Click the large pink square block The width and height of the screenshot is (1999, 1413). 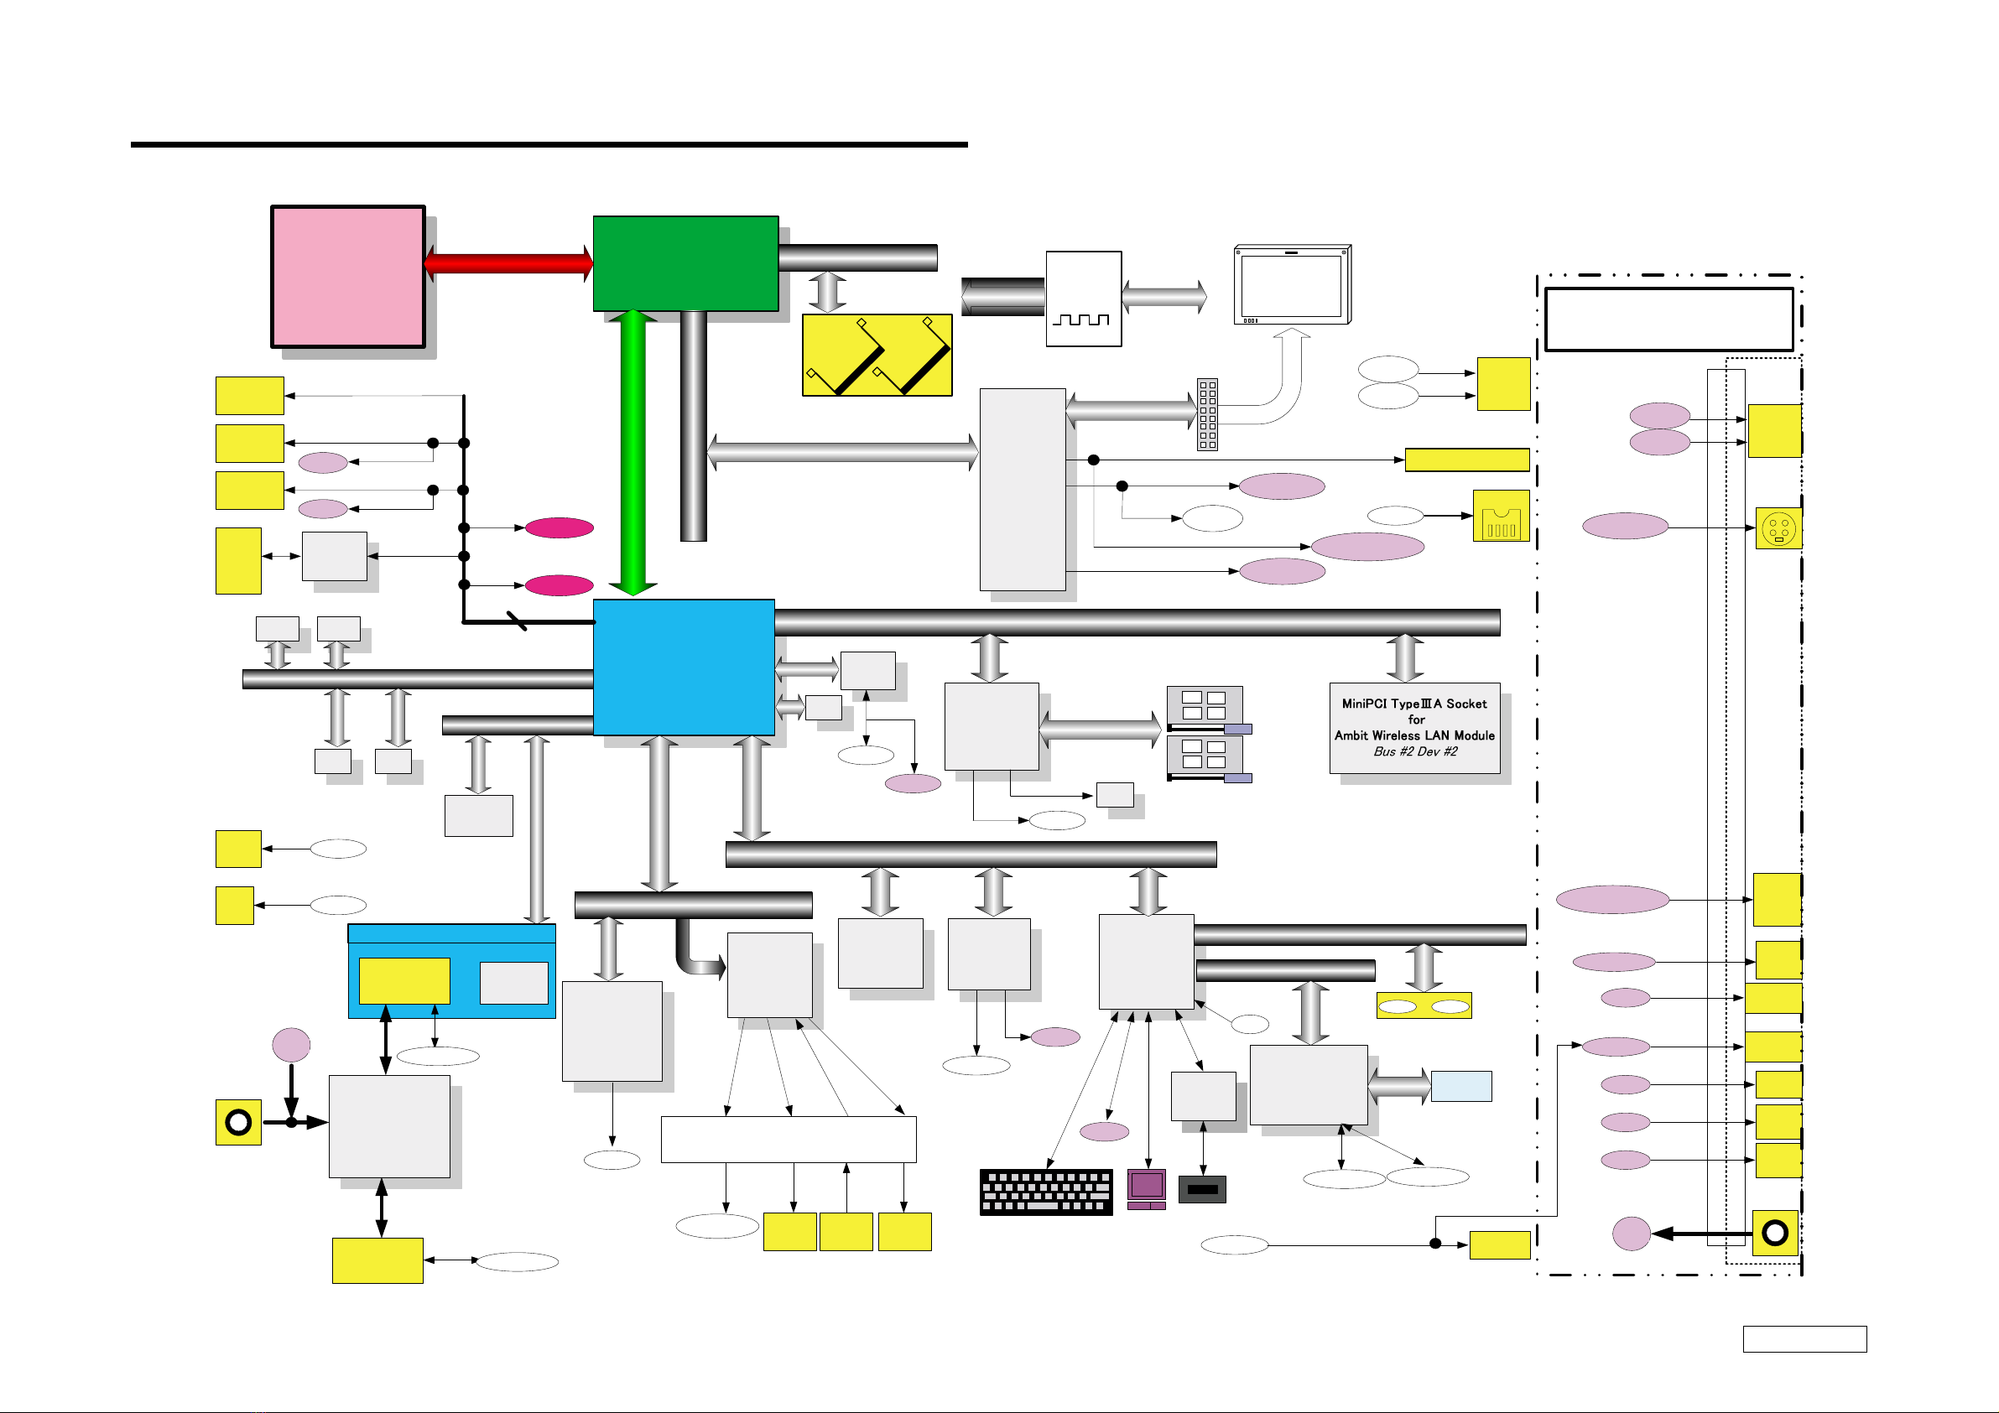click(348, 277)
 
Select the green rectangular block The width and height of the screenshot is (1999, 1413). click(685, 263)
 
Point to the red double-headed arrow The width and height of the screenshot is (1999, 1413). click(509, 263)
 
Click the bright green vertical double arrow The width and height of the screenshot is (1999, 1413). click(633, 453)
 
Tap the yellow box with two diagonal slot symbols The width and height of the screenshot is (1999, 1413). click(877, 356)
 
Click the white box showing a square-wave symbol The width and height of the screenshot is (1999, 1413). click(1083, 299)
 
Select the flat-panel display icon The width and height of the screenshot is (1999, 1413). click(1292, 284)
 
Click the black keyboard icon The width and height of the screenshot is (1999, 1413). click(1046, 1192)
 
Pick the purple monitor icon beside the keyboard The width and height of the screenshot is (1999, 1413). click(1147, 1189)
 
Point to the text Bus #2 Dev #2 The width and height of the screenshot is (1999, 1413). click(1415, 751)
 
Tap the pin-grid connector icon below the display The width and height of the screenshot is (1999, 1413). click(1208, 414)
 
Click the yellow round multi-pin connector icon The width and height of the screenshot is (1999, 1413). click(1778, 528)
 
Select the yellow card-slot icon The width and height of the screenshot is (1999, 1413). click(1501, 517)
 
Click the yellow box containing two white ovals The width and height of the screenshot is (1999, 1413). click(1424, 1005)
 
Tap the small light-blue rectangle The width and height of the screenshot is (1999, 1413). click(1461, 1087)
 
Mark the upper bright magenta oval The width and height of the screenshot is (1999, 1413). click(559, 527)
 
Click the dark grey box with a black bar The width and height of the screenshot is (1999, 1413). click(1202, 1189)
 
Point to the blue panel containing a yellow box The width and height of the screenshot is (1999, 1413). click(452, 972)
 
